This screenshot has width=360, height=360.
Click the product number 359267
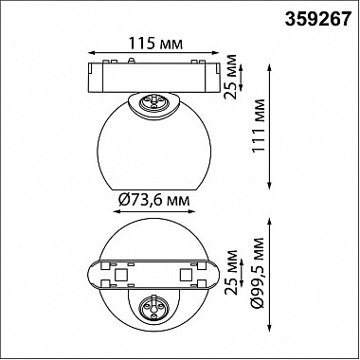pyautogui.click(x=318, y=20)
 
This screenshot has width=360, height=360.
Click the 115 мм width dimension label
pyautogui.click(x=155, y=44)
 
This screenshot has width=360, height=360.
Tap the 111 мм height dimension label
pyautogui.click(x=259, y=126)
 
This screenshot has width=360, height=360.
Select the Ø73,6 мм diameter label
pyautogui.click(x=154, y=200)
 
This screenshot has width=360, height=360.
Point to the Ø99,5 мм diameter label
pyautogui.click(x=259, y=273)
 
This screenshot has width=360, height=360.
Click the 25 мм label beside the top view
pyautogui.click(x=231, y=77)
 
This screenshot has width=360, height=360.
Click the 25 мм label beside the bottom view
pyautogui.click(x=231, y=273)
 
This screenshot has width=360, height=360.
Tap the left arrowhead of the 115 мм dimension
pyautogui.click(x=90, y=53)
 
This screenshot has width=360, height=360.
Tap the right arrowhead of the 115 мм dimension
pyautogui.click(x=216, y=53)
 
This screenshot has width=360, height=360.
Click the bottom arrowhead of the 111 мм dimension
pyautogui.click(x=269, y=187)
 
